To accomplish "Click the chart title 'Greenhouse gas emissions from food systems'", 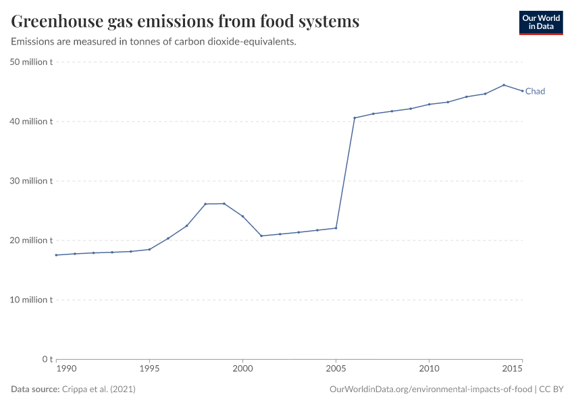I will [x=185, y=22].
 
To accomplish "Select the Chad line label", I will [x=535, y=91].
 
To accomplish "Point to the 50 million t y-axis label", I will [x=32, y=62].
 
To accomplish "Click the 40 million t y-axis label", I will [x=32, y=122].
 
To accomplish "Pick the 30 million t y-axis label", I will [x=32, y=181].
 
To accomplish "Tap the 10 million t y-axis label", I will [x=32, y=300].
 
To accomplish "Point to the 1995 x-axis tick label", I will [x=149, y=369].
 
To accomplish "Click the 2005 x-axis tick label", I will [x=336, y=369].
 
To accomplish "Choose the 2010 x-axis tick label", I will [x=429, y=369].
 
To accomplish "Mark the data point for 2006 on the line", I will [x=355, y=118].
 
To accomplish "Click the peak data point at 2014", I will [x=504, y=85].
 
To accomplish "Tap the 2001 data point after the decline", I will [x=261, y=236].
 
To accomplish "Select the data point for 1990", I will [x=57, y=255].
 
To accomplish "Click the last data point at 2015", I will [x=522, y=91].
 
